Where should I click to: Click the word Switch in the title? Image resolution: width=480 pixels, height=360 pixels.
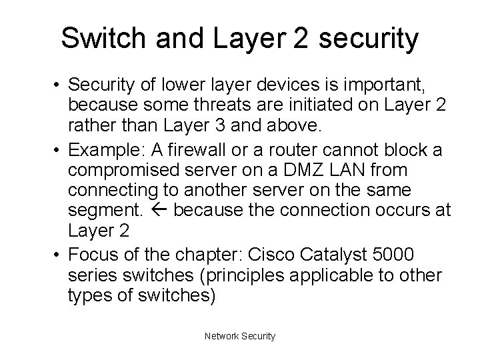click(x=101, y=38)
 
